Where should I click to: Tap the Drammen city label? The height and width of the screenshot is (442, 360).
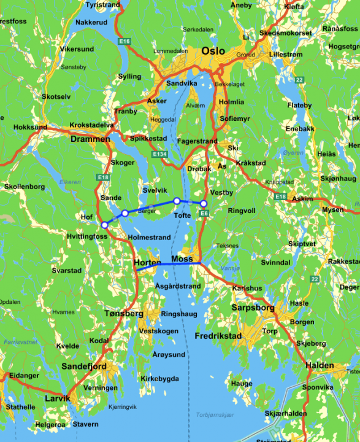tap(90, 139)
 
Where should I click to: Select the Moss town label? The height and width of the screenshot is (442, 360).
tap(182, 258)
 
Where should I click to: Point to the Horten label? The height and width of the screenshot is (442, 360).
tap(147, 263)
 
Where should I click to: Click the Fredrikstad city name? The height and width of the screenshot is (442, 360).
tap(218, 336)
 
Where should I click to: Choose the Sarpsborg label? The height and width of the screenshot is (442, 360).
tap(253, 308)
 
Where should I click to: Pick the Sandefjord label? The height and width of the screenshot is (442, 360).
tap(84, 366)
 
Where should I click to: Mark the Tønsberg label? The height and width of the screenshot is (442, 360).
tap(119, 313)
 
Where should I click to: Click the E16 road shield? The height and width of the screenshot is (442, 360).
tap(125, 41)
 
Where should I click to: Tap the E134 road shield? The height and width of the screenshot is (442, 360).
tap(159, 153)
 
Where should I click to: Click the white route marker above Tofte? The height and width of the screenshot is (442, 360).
tap(177, 201)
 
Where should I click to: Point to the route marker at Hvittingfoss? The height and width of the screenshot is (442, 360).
tap(105, 225)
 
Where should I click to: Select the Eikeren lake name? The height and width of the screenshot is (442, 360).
tap(70, 182)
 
